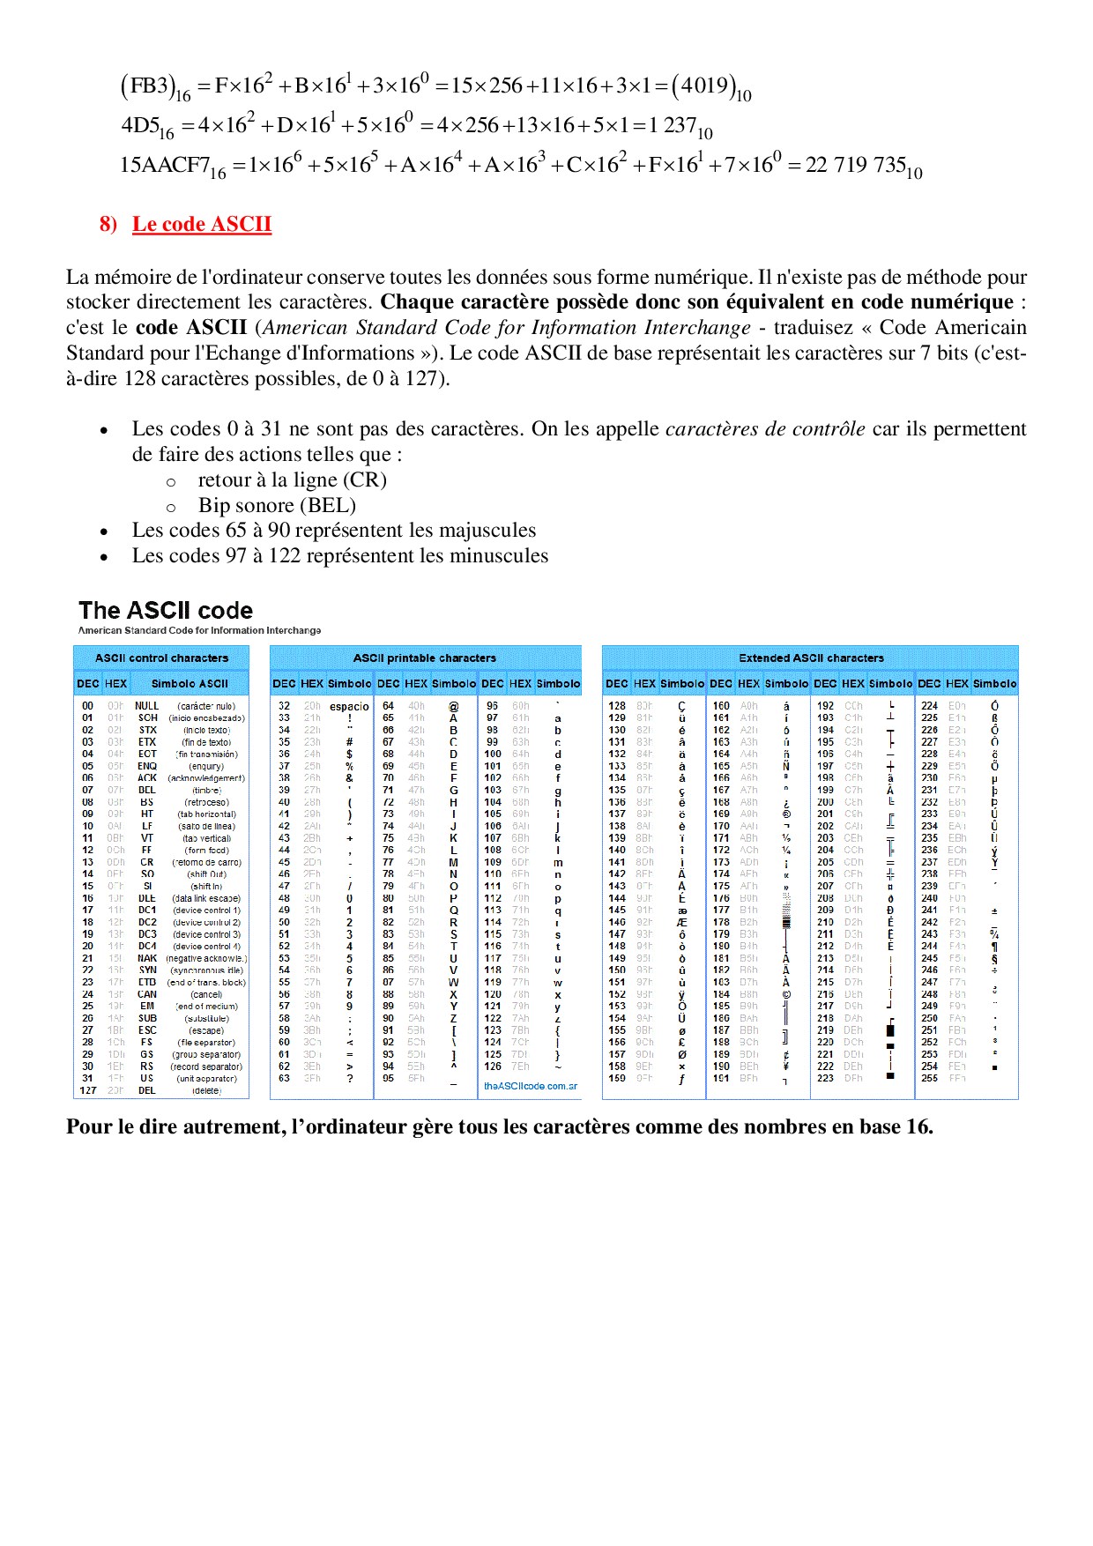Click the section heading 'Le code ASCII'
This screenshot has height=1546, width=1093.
pyautogui.click(x=201, y=224)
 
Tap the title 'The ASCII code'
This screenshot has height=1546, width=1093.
pyautogui.click(x=166, y=610)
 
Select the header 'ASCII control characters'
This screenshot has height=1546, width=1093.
pyautogui.click(x=161, y=658)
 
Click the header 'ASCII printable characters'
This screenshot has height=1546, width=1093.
pyautogui.click(x=424, y=658)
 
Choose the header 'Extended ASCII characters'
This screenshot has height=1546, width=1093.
pyautogui.click(x=810, y=658)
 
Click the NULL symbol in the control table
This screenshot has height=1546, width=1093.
pyautogui.click(x=146, y=706)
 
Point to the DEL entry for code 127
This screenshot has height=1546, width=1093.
pyautogui.click(x=146, y=1090)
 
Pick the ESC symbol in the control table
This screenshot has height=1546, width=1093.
pyautogui.click(x=146, y=1030)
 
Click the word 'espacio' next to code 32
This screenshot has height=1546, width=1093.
pyautogui.click(x=349, y=706)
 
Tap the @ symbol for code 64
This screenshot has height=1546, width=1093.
pyautogui.click(x=453, y=706)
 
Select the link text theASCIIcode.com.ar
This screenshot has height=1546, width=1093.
pyautogui.click(x=530, y=1086)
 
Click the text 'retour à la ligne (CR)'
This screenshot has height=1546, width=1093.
pyautogui.click(x=292, y=480)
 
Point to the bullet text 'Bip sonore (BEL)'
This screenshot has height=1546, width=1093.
pyautogui.click(x=277, y=506)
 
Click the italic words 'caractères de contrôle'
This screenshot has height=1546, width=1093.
pyautogui.click(x=765, y=429)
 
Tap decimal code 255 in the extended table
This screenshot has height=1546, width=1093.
pyautogui.click(x=929, y=1078)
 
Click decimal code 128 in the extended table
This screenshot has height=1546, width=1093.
pyautogui.click(x=617, y=706)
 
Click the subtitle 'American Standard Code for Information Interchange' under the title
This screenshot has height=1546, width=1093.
pyautogui.click(x=199, y=630)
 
